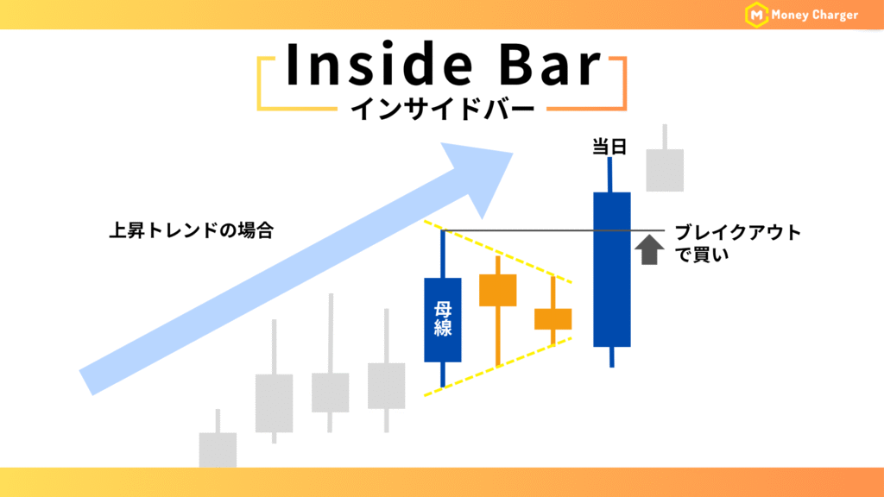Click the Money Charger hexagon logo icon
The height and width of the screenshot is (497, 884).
pos(756,15)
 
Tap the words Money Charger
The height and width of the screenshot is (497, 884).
pos(814,16)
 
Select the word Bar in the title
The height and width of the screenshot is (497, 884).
pos(550,65)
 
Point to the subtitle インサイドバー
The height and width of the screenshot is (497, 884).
pos(442,109)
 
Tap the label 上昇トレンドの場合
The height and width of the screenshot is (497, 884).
pos(191,230)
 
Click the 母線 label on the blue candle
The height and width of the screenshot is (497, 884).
pos(443,319)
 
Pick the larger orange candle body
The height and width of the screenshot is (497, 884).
pos(498,290)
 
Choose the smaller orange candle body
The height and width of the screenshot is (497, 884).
pos(553,319)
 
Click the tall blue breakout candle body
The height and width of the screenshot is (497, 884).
pos(612,269)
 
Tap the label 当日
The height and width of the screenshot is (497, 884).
pos(609,147)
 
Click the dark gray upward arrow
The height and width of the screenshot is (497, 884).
pos(649,249)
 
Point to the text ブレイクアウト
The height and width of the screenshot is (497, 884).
pos(738,232)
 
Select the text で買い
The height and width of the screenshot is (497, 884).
pos(702,255)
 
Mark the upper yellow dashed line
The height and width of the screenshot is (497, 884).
pos(498,251)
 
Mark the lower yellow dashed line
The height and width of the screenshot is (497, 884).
pos(498,367)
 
